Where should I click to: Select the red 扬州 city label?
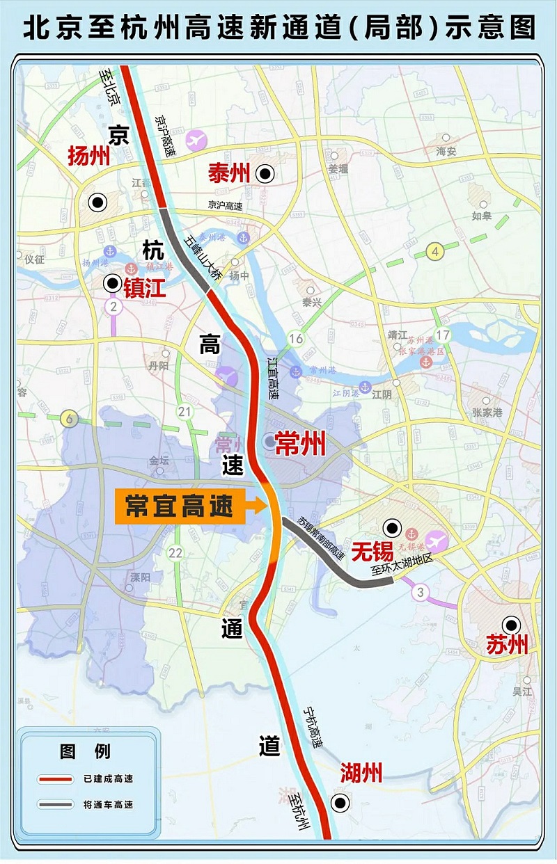[x=89, y=156]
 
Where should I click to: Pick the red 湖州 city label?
[x=361, y=773]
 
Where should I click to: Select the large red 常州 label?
[x=301, y=443]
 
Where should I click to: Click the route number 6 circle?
[x=68, y=419]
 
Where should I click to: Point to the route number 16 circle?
[x=297, y=339]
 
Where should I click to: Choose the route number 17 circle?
[x=443, y=336]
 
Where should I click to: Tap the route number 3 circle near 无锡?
[x=419, y=593]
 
